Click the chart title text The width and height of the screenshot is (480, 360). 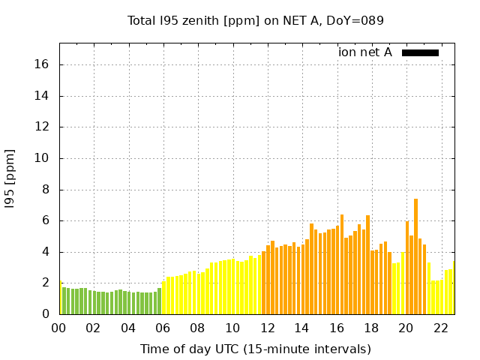[256, 21]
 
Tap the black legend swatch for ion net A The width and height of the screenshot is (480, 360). [420, 52]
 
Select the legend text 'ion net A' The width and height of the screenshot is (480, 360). [365, 52]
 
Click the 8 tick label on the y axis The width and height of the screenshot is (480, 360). [46, 190]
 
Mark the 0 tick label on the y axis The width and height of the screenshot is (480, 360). [46, 314]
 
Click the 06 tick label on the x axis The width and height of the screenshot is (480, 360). [163, 328]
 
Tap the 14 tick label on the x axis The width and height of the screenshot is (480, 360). [302, 328]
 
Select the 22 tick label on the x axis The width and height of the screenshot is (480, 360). [441, 328]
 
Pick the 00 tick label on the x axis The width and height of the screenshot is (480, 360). [59, 328]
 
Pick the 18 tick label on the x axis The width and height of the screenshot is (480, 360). [372, 328]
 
